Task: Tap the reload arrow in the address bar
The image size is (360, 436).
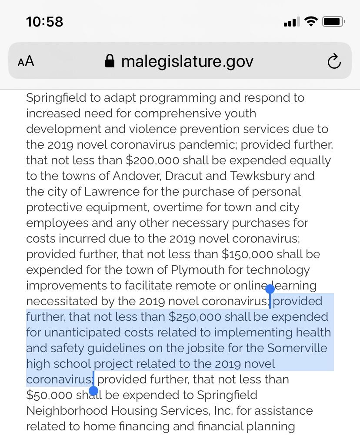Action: [334, 62]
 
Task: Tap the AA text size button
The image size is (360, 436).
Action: [26, 61]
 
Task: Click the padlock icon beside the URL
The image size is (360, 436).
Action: [110, 61]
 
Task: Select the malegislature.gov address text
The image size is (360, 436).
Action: [187, 61]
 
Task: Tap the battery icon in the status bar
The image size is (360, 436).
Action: [333, 21]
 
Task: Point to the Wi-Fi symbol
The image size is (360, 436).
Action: [311, 21]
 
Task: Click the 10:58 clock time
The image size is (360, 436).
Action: [44, 22]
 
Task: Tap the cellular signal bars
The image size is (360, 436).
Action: [292, 22]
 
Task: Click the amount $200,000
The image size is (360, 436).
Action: [153, 160]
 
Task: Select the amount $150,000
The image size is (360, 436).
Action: [247, 254]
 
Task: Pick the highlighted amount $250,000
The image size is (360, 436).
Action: [195, 317]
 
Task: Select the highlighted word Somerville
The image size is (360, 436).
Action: [297, 348]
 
